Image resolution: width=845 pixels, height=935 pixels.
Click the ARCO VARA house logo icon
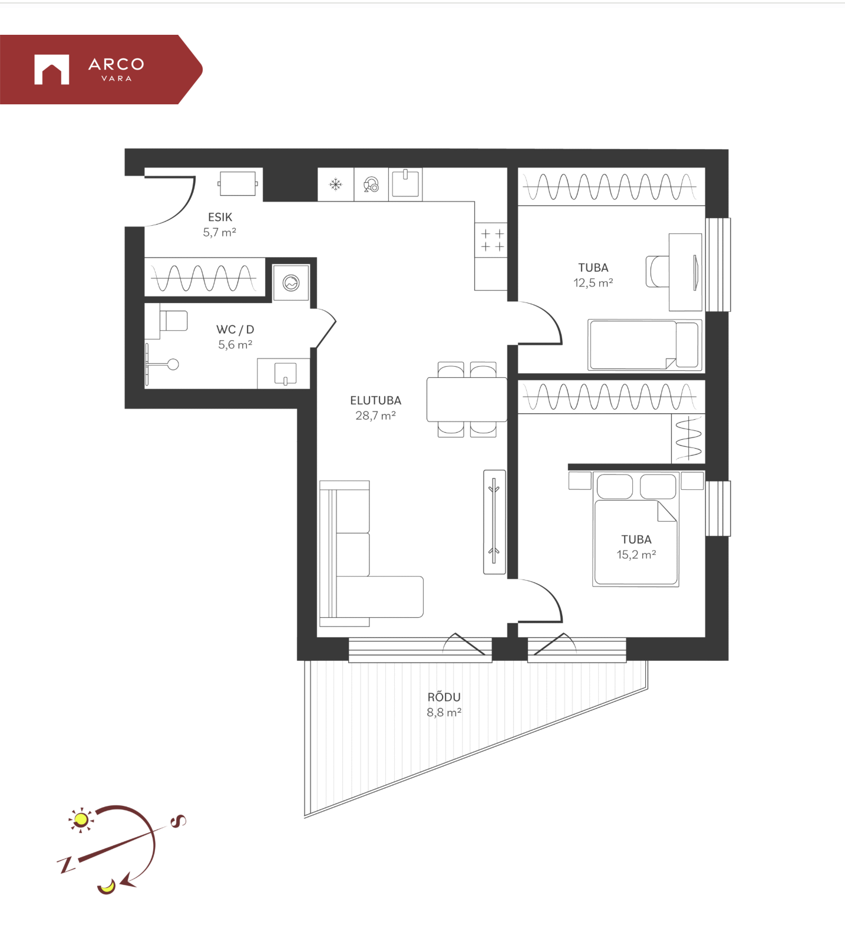pos(52,70)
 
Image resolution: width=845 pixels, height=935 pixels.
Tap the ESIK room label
pos(220,217)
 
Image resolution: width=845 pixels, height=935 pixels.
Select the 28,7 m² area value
pos(375,415)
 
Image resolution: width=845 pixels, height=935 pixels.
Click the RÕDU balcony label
pos(444,696)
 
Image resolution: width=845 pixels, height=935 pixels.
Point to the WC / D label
pos(235,330)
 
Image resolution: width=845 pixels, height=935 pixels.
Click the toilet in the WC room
pos(167,321)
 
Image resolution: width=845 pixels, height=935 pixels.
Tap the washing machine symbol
pos(291,283)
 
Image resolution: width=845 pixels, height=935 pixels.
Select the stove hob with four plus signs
pos(491,240)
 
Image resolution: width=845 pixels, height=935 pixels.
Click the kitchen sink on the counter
pos(405,183)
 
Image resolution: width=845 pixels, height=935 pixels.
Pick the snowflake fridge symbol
pos(336,185)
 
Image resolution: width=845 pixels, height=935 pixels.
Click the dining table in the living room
pos(467,400)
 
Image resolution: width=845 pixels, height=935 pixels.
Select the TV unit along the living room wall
pos(494,522)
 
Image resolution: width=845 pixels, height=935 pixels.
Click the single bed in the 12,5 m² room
pos(645,345)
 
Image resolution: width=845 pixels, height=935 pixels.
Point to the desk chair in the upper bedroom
pos(658,271)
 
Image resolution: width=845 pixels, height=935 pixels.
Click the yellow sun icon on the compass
pos(81,819)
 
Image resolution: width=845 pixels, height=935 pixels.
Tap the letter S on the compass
pos(178,820)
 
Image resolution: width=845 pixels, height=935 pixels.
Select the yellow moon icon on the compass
pos(107,886)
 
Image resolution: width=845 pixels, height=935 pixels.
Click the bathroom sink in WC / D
pos(285,374)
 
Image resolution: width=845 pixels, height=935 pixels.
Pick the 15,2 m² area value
pos(636,554)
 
